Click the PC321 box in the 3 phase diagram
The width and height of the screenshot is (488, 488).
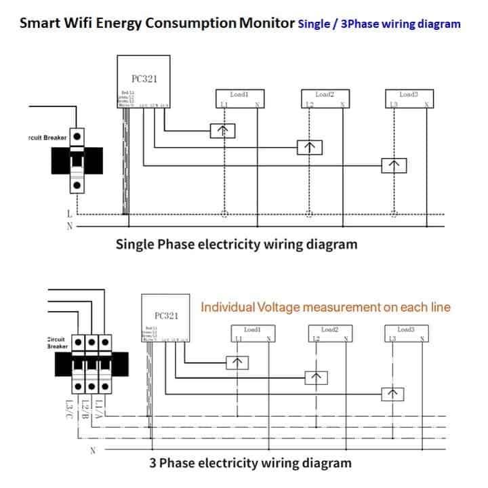tap(165, 319)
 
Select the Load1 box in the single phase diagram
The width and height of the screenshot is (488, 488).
tap(239, 98)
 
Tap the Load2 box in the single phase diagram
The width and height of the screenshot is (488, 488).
tap(325, 98)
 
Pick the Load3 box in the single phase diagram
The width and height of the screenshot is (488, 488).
tap(409, 98)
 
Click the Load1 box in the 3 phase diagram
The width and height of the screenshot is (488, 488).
tap(252, 333)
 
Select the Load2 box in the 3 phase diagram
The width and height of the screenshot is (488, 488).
tap(329, 333)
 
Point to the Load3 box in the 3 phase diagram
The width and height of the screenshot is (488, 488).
tap(405, 333)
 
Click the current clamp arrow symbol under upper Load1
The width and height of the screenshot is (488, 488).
tap(222, 131)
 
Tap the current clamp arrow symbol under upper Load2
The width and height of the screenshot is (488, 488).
tap(309, 148)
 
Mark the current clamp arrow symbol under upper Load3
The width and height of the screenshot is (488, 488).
tap(394, 165)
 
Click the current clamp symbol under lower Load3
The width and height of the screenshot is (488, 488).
tap(391, 394)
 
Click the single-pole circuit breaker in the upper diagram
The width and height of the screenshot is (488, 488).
tap(78, 161)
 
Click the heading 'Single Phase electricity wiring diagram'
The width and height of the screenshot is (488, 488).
tap(237, 244)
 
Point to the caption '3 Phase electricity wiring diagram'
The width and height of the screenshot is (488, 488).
tap(250, 464)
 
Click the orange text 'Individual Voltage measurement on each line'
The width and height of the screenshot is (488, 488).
tap(325, 308)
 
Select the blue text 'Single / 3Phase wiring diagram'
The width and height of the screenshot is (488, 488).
tap(379, 24)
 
